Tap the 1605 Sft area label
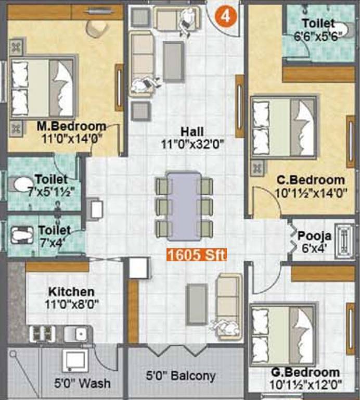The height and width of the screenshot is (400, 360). [x=196, y=255]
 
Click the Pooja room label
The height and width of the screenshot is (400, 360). [x=312, y=235]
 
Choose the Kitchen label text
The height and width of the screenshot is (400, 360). [x=72, y=291]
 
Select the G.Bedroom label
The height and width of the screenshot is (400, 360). [x=305, y=373]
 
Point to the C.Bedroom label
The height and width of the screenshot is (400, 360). [x=311, y=180]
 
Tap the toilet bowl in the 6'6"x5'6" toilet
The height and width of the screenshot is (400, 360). [x=340, y=29]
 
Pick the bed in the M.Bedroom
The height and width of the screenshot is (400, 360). [x=43, y=89]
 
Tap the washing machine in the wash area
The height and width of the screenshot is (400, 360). [x=73, y=360]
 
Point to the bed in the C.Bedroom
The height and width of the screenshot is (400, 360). [x=284, y=128]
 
